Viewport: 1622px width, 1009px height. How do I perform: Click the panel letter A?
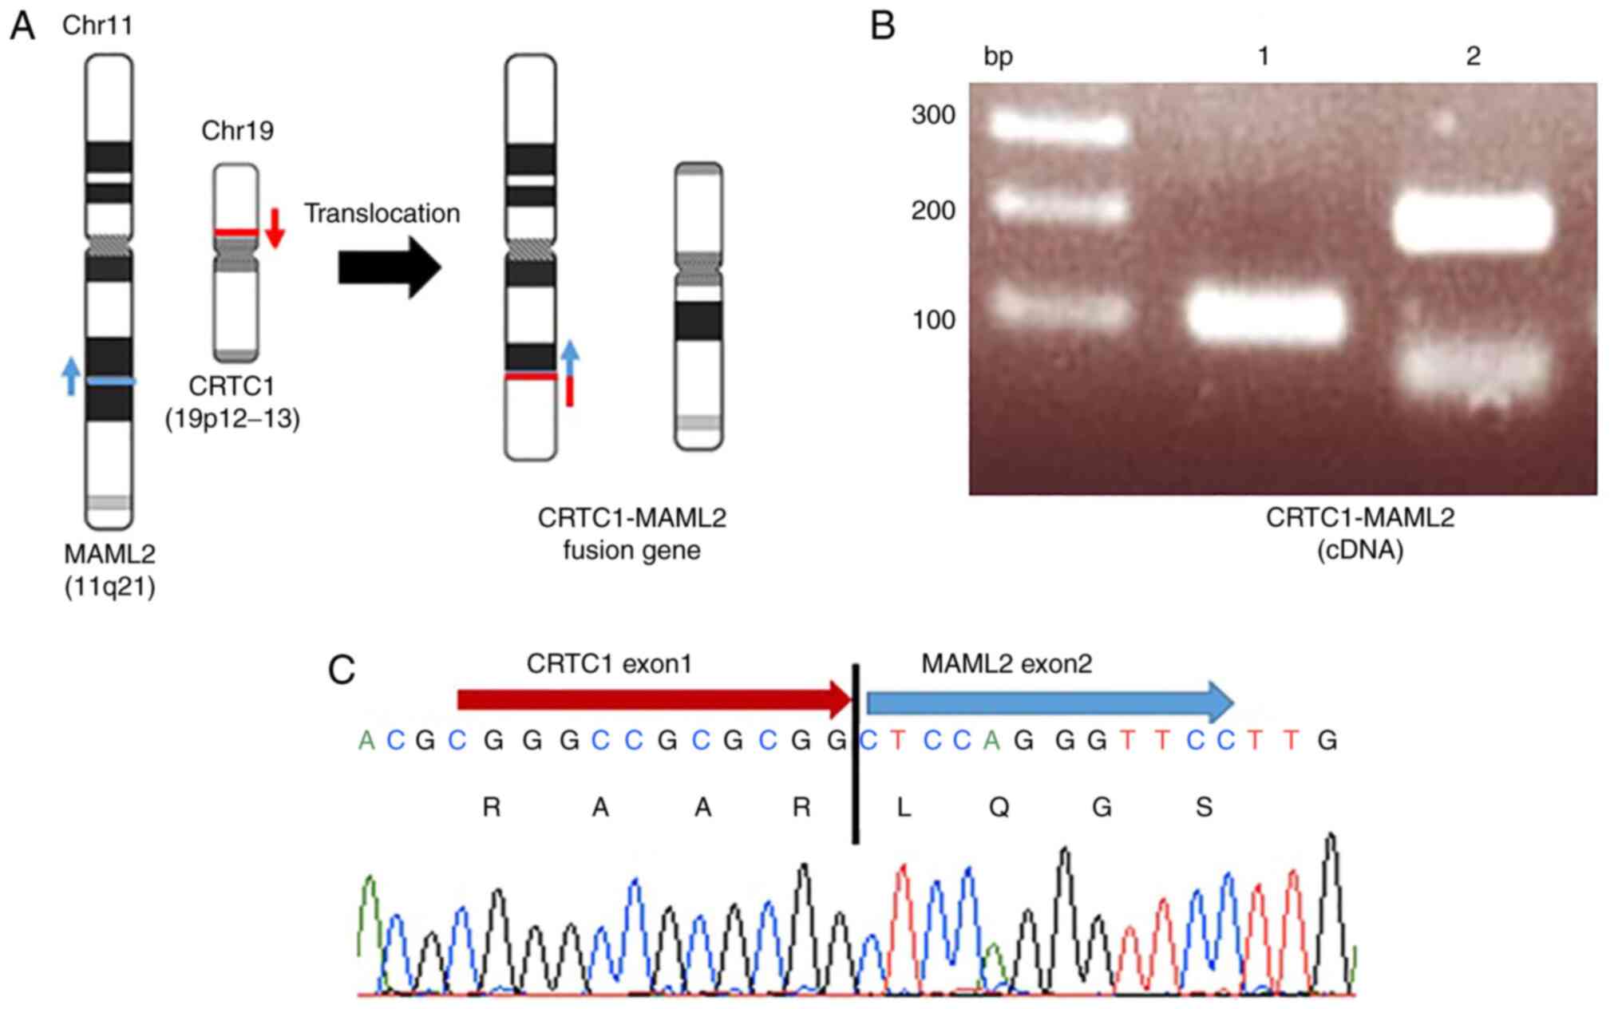coord(22,26)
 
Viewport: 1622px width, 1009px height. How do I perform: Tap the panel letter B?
coord(882,26)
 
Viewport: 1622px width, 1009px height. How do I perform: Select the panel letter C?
coord(342,671)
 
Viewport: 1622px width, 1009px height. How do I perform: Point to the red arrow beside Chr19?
coord(275,228)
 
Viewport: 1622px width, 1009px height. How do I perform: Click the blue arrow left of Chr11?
coord(71,376)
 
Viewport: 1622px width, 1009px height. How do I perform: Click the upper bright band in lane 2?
coord(1474,222)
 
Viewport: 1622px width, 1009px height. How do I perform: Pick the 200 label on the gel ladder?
coord(933,211)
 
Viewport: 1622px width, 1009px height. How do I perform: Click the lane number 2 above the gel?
coord(1473,56)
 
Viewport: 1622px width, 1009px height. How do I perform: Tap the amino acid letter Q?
coord(999,808)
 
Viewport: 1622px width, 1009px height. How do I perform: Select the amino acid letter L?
coord(903,808)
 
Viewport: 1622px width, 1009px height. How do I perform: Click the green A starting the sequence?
coord(366,741)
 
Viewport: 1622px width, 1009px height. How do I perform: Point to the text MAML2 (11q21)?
coord(110,570)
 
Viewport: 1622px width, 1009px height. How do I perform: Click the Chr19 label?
coord(237,130)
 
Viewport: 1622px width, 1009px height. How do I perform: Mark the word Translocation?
coord(382,213)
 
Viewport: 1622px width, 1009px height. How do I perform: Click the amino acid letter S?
coord(1204,808)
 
